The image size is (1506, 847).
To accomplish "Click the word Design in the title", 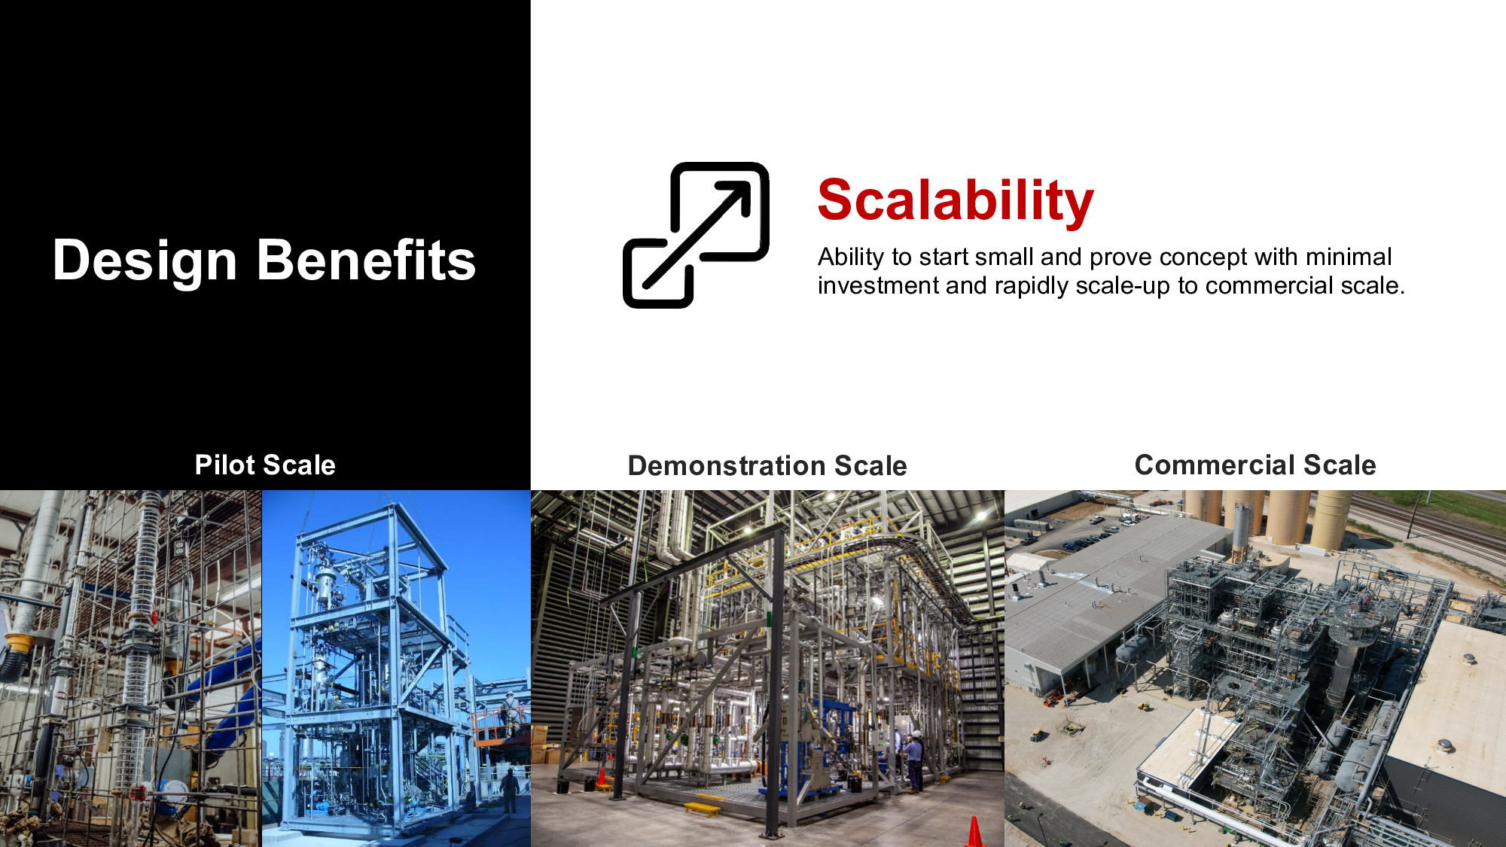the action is (145, 261).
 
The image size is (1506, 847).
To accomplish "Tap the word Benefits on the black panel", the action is (367, 260).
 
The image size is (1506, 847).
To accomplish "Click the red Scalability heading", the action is (956, 201).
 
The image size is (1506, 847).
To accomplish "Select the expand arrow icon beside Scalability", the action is (696, 235).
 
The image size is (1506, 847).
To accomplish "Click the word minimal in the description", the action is (1349, 257).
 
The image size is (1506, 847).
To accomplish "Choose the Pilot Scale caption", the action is (265, 465).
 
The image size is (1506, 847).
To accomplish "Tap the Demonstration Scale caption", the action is (767, 466).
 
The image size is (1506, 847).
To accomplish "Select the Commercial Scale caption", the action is (1255, 465).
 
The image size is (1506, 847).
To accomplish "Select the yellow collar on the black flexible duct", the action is (19, 644).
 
